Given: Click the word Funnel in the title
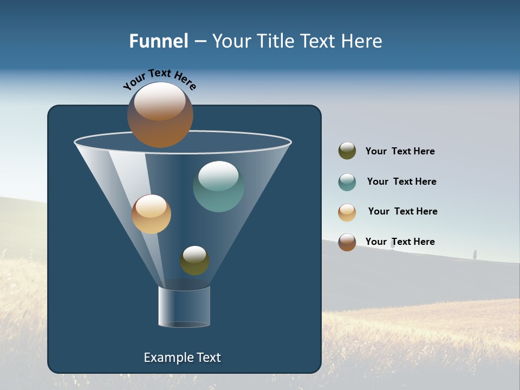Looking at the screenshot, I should (159, 41).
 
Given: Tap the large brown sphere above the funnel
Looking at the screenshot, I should (160, 115).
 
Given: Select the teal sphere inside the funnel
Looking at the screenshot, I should (218, 186).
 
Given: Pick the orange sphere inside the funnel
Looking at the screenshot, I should (151, 214).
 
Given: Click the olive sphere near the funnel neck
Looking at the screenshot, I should (194, 261).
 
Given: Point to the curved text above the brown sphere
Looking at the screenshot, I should (159, 79).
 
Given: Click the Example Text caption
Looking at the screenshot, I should (183, 357).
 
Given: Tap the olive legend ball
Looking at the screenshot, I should (347, 151).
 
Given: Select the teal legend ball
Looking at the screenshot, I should (347, 182).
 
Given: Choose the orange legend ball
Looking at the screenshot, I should (347, 212).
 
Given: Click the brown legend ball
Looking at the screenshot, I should (347, 242).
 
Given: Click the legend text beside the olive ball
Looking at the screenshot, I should (400, 152).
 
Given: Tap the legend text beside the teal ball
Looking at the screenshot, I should (401, 182).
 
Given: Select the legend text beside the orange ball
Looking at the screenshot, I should (402, 212).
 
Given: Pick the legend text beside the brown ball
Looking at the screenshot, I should (400, 242).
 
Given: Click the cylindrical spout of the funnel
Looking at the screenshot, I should (184, 307).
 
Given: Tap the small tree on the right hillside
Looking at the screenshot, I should (474, 254).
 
